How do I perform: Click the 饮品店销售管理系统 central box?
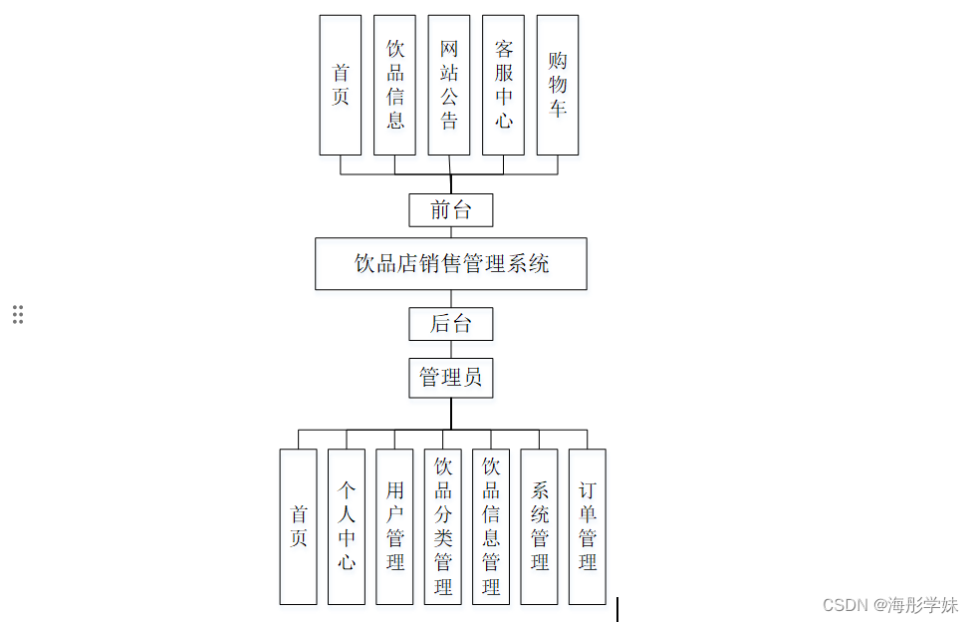(x=451, y=263)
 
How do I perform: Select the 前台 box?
(x=451, y=210)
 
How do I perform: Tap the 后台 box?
(x=451, y=324)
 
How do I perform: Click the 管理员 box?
(x=451, y=378)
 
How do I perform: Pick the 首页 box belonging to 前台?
(x=341, y=85)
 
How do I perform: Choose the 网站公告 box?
(x=449, y=85)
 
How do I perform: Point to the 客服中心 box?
(x=503, y=85)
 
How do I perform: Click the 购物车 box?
(x=558, y=85)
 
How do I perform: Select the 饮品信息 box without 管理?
(x=394, y=85)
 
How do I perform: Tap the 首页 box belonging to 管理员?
(x=298, y=526)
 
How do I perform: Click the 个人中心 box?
(x=347, y=526)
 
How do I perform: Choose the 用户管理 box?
(x=394, y=526)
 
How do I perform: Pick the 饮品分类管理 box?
(x=443, y=526)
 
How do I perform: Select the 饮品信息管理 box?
(x=491, y=526)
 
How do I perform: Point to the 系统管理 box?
(x=539, y=526)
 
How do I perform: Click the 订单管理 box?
(x=588, y=526)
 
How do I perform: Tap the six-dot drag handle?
(x=18, y=314)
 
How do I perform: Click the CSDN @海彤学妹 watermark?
(x=890, y=605)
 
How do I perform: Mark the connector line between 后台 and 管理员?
(x=451, y=350)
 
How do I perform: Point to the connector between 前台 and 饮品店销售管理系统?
(x=451, y=232)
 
